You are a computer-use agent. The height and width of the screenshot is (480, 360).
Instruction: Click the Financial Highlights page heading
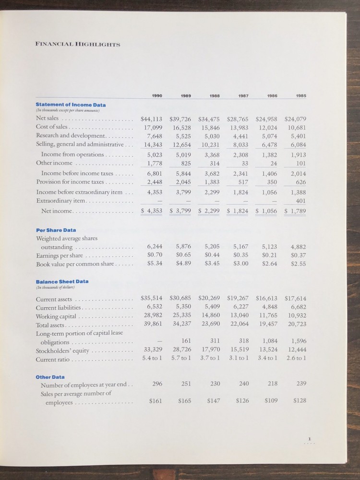[x=78, y=45]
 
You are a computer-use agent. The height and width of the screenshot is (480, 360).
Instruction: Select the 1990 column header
[x=156, y=96]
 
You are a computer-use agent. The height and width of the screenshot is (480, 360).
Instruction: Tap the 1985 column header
[x=300, y=96]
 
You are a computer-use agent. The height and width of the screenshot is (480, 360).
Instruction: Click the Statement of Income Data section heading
[x=71, y=104]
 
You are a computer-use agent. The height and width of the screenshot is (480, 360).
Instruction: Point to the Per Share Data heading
[x=56, y=230]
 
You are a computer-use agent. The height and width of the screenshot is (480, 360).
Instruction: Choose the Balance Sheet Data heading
[x=62, y=281]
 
